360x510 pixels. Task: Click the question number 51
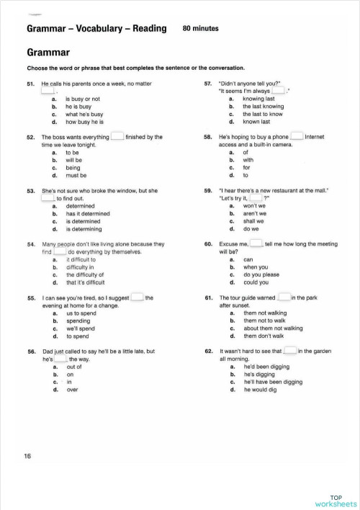(30, 84)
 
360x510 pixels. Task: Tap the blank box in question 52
(117, 136)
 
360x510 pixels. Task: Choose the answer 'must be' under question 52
(76, 175)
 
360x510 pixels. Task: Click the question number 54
(31, 244)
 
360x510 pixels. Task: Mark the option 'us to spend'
(80, 313)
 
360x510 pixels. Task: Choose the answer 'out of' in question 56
(74, 367)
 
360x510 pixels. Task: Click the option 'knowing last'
(258, 99)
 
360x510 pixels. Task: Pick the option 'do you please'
(261, 274)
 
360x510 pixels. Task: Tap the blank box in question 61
(284, 297)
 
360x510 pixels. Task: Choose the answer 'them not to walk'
(263, 321)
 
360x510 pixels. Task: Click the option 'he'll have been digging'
(273, 382)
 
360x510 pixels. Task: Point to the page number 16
(27, 456)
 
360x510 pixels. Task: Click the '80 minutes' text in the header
(200, 29)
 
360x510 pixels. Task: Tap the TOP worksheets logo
(336, 501)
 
